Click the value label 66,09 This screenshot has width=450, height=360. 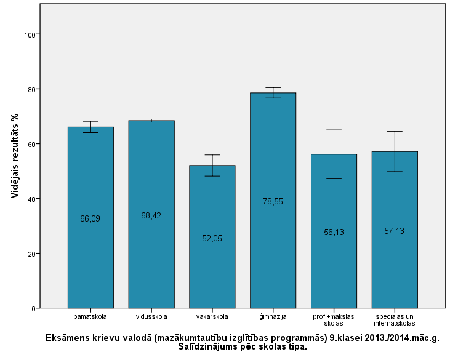90,218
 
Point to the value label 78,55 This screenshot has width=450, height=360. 273,201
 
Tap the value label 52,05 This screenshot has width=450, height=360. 212,238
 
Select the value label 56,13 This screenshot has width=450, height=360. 334,232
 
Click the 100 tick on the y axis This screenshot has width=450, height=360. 28,34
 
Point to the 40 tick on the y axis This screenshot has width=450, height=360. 30,199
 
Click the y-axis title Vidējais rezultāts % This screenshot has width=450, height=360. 14,158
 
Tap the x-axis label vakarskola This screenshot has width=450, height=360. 212,317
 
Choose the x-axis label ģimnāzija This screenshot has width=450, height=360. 273,317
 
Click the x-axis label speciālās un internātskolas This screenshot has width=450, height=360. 395,320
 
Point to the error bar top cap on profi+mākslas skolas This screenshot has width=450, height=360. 334,130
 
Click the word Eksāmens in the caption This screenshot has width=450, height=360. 68,338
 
